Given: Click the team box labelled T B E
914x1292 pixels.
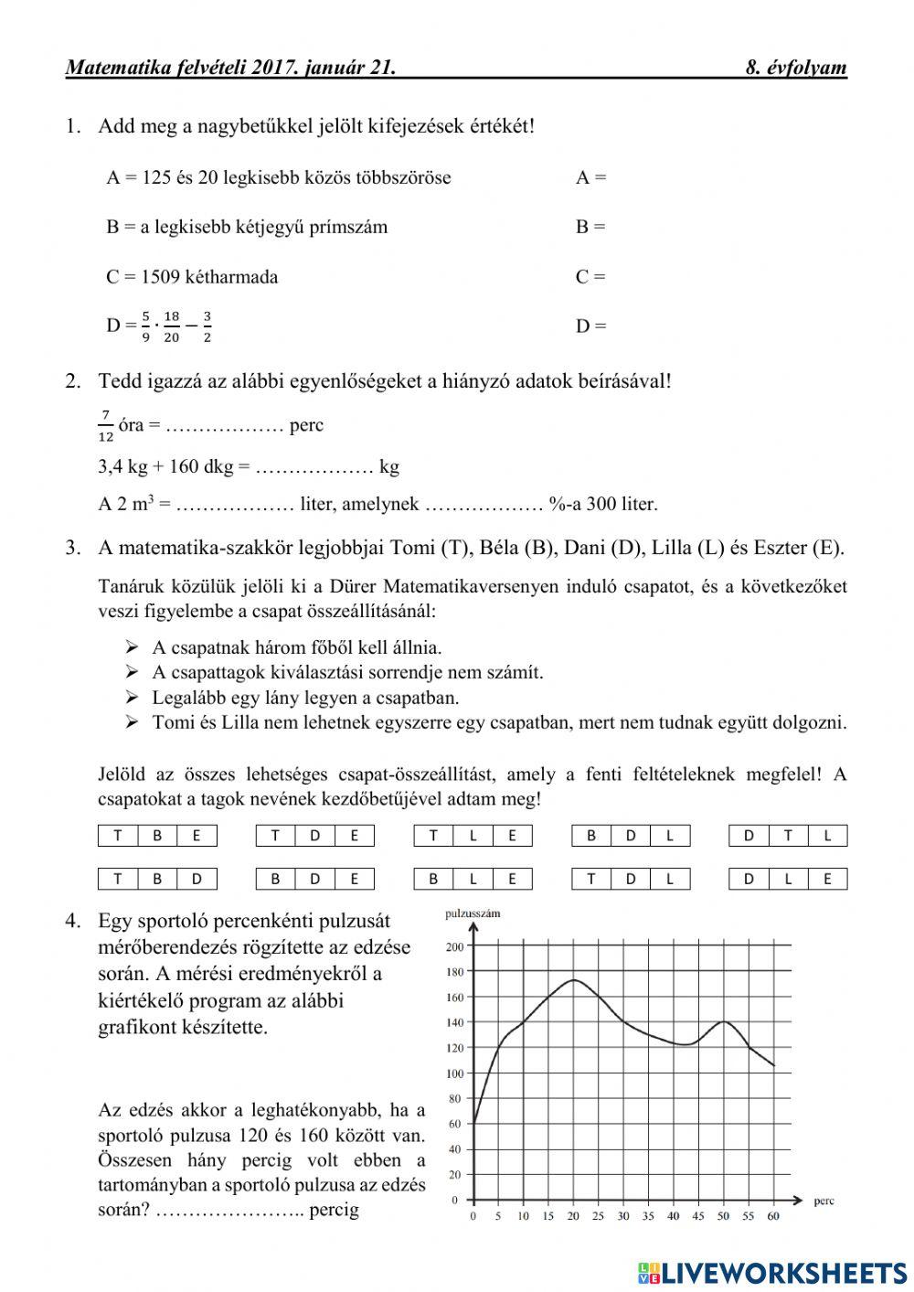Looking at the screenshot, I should pyautogui.click(x=157, y=835).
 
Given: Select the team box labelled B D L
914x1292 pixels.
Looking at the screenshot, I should pyautogui.click(x=631, y=835).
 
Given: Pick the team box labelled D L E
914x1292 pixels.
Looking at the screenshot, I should pyautogui.click(x=788, y=879).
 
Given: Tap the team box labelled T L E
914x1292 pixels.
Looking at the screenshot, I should pyautogui.click(x=473, y=835).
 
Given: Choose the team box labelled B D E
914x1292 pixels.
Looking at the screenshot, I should pyautogui.click(x=315, y=879).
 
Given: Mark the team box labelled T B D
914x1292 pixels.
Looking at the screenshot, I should pyautogui.click(x=157, y=879).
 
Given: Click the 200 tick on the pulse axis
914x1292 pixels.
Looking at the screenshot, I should pyautogui.click(x=455, y=946).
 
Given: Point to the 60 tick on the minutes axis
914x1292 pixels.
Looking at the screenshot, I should pyautogui.click(x=773, y=1216).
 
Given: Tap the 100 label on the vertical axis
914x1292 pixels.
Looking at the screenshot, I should pyautogui.click(x=455, y=1073).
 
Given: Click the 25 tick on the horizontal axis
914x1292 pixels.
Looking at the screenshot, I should pyautogui.click(x=598, y=1216).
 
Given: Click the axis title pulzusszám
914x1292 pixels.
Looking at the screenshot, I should pyautogui.click(x=473, y=913).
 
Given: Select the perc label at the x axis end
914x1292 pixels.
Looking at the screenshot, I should pyautogui.click(x=824, y=1201).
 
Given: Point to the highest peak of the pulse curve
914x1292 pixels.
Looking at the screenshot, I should pyautogui.click(x=573, y=980).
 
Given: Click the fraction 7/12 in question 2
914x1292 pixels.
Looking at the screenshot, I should pyautogui.click(x=106, y=425).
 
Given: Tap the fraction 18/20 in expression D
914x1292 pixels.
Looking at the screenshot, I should pyautogui.click(x=172, y=326).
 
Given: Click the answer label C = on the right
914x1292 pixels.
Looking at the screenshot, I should pyautogui.click(x=590, y=277).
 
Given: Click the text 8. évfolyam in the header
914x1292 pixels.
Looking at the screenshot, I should pyautogui.click(x=796, y=68).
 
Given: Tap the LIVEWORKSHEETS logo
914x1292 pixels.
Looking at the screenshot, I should pyautogui.click(x=772, y=1272).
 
